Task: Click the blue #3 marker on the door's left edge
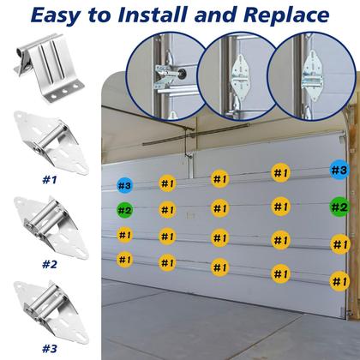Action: point(125,185)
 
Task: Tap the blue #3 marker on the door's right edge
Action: point(339,171)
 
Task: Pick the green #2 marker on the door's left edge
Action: point(125,210)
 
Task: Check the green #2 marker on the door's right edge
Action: point(339,207)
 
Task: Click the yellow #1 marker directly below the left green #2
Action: point(125,235)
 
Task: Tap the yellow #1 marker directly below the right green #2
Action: point(339,244)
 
